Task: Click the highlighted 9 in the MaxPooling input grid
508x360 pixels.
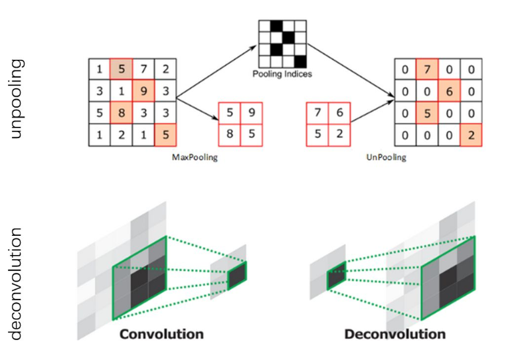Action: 143,90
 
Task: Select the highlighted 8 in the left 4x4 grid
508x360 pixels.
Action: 122,113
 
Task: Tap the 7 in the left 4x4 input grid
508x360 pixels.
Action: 143,68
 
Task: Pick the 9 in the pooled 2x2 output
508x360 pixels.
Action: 251,113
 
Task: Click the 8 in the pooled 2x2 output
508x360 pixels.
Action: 230,134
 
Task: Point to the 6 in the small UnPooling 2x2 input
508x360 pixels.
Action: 339,113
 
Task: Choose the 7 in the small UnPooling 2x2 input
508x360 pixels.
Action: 318,113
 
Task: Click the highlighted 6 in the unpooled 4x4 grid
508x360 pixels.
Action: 449,90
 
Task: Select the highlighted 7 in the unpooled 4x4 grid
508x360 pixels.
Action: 427,68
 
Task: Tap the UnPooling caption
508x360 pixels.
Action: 386,158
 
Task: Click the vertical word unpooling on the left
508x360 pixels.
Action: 16,98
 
